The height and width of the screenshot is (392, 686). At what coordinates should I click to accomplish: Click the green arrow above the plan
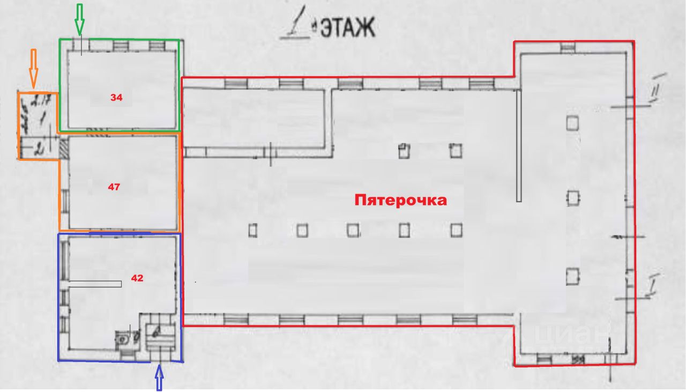click(x=79, y=18)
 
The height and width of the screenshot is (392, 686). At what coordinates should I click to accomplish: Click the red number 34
click(x=116, y=98)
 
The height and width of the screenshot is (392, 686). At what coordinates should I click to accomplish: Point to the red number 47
click(x=113, y=187)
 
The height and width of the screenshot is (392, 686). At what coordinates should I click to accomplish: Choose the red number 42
click(x=137, y=278)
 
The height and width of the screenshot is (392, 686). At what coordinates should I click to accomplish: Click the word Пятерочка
click(x=400, y=201)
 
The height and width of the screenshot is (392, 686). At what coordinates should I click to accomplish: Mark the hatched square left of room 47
click(x=64, y=149)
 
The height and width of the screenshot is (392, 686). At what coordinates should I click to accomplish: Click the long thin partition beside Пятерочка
click(x=519, y=146)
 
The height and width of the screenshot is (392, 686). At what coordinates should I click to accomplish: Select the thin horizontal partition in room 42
click(x=95, y=284)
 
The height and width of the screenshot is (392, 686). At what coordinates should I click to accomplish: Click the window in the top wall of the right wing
click(x=567, y=48)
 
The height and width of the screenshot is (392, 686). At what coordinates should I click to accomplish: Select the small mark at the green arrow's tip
click(x=81, y=46)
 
